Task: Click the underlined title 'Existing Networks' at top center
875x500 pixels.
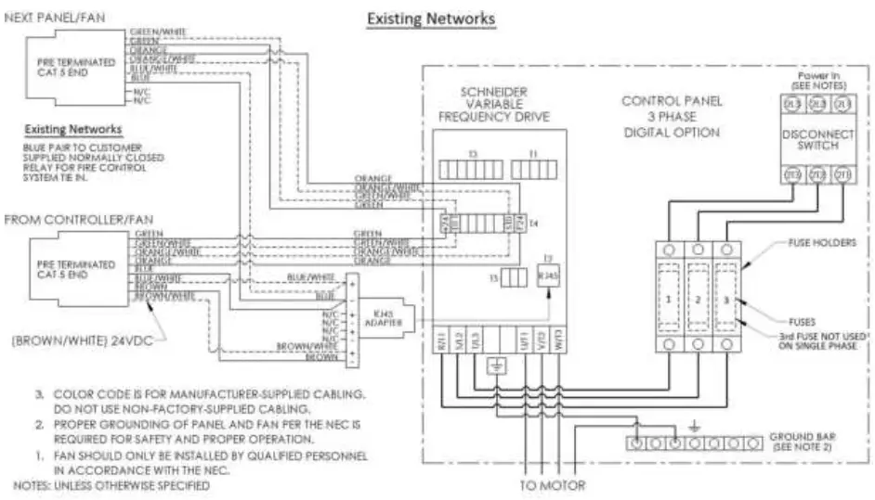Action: coord(431,18)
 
